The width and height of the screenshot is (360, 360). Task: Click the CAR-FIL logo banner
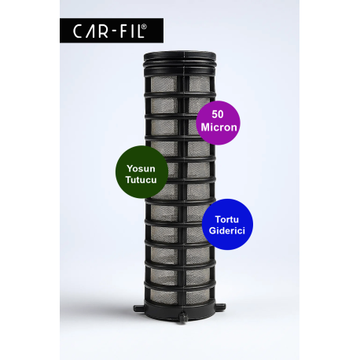(112, 31)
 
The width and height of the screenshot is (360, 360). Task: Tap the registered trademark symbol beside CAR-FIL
(145, 26)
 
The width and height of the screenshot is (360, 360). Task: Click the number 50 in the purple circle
(218, 114)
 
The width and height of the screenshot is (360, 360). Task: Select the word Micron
(219, 127)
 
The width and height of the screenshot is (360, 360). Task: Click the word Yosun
(141, 168)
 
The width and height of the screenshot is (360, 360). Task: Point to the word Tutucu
(141, 180)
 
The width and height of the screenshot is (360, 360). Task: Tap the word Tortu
(227, 219)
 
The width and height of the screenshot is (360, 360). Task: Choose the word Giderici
(227, 230)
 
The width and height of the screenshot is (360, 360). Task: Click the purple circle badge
(219, 123)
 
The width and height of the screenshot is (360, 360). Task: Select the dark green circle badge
(141, 172)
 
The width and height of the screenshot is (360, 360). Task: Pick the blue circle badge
(227, 224)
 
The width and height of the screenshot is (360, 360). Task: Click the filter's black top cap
(180, 63)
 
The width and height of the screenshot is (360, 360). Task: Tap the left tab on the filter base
(139, 308)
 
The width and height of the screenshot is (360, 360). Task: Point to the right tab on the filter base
(220, 307)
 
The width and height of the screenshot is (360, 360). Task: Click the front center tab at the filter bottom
(182, 318)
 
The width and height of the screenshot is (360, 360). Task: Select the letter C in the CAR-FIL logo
(78, 31)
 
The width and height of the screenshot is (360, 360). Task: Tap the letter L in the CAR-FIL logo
(141, 31)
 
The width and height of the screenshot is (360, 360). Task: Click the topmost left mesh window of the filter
(164, 84)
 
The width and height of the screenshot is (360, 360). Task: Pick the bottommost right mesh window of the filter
(197, 297)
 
